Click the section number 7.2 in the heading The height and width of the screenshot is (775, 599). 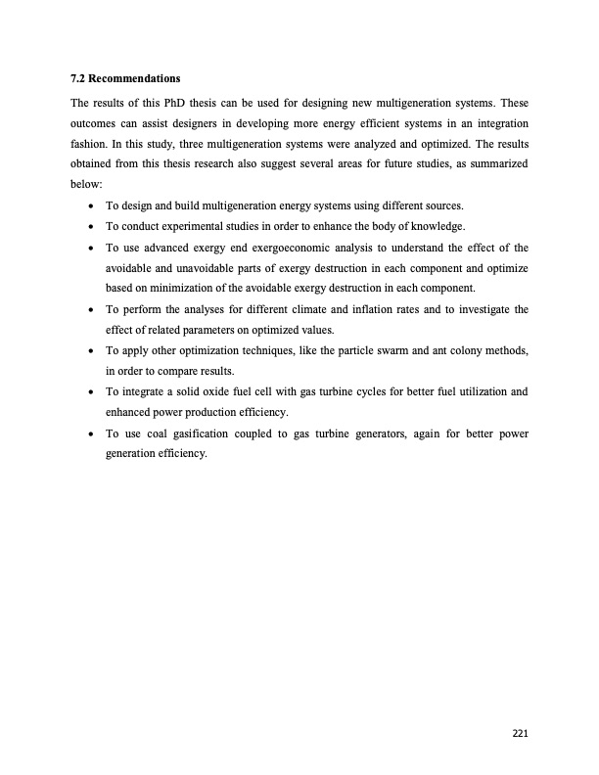pos(78,76)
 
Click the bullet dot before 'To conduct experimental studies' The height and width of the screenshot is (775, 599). pos(91,226)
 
